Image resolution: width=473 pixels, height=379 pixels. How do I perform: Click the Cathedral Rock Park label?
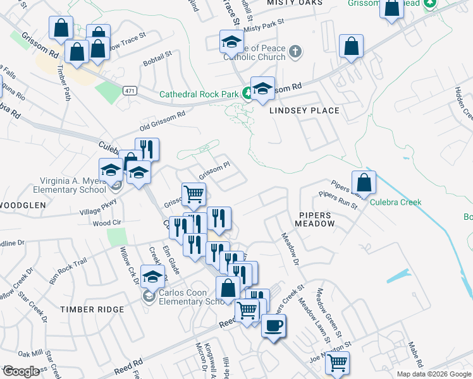199,95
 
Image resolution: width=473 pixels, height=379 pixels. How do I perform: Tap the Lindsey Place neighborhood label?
304,111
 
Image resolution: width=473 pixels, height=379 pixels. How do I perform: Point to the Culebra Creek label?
395,202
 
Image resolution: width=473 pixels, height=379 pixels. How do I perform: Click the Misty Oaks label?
295,3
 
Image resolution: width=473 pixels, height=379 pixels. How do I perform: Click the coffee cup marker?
273,327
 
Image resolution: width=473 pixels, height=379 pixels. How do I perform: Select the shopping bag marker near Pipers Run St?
364,183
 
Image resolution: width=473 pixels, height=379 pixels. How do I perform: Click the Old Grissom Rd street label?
162,121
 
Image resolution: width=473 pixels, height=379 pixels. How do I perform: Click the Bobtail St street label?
157,59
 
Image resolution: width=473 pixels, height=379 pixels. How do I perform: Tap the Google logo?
21,371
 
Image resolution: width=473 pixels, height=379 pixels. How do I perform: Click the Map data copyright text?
433,374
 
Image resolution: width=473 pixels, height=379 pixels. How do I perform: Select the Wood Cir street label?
107,223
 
